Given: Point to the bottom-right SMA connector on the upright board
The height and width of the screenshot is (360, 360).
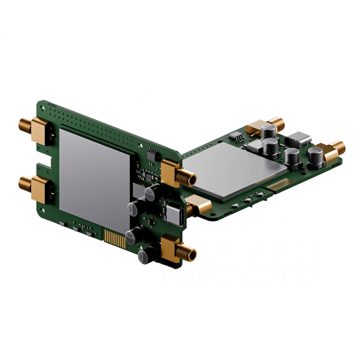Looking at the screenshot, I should coord(177,249).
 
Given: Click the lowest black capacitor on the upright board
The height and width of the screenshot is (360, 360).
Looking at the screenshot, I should coord(144,256).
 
